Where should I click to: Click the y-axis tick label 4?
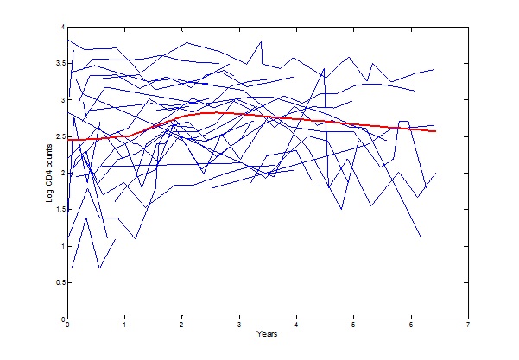coord(62,28)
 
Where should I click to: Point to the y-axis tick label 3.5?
coord(60,64)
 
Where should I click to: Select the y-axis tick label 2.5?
coord(60,137)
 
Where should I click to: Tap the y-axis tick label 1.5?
coord(60,210)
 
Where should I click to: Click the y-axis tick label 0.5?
coord(60,283)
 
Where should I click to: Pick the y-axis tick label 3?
coord(62,100)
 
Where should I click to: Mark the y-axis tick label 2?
coord(62,174)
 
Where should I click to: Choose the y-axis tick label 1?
coord(62,246)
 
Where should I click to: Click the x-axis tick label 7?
coord(467,326)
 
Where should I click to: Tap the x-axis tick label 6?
coord(410,326)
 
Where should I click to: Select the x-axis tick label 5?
coord(353,326)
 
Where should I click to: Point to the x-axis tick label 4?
coord(296,326)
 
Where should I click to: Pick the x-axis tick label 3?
coord(238,326)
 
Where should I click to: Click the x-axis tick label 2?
coord(181,326)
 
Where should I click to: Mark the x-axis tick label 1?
coord(124,326)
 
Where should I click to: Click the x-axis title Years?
coord(267,335)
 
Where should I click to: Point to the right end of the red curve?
coord(435,131)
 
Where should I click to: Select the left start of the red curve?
coord(68,140)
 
